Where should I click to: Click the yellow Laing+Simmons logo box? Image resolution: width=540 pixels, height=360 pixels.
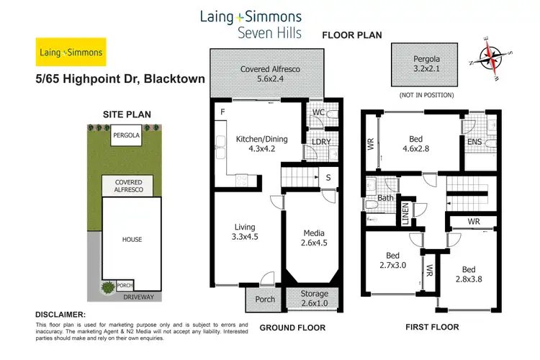click(71, 52)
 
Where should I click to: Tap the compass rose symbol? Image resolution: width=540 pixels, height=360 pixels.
click(491, 55)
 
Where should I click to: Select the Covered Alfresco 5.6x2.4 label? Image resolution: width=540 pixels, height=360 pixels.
click(266, 74)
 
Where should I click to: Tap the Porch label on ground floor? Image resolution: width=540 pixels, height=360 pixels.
click(260, 299)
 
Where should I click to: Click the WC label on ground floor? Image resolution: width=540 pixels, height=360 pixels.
click(318, 112)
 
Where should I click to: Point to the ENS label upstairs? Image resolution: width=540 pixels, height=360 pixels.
click(474, 142)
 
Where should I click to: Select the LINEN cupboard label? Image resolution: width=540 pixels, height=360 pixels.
click(405, 214)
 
